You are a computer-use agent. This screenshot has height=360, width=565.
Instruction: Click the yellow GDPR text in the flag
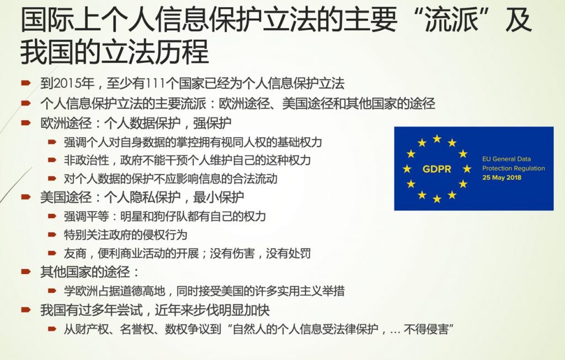tap(437, 169)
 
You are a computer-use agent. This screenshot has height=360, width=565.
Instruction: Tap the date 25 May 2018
tap(502, 178)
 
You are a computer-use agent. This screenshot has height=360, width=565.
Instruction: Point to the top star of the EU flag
tap(437, 138)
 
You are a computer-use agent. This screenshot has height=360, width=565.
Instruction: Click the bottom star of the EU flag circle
tap(437, 198)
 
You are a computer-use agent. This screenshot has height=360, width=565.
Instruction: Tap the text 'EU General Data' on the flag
tap(507, 159)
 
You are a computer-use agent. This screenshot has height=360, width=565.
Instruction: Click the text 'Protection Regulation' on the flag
tap(514, 168)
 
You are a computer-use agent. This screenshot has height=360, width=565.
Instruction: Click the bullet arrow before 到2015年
tap(26, 83)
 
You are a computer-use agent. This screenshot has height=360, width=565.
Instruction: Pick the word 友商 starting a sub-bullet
tap(75, 254)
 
